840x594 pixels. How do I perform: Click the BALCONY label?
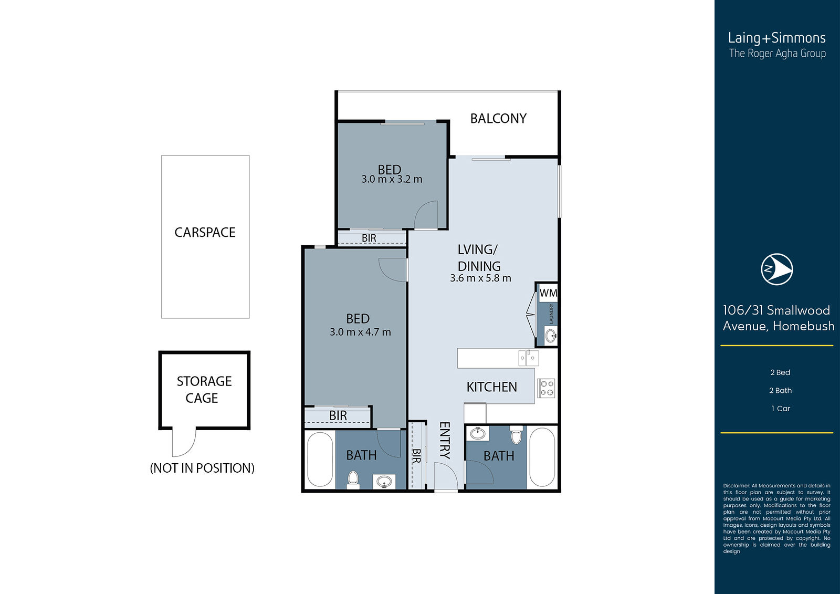498,119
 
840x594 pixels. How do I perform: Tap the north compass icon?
776,269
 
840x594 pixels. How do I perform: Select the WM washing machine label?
548,293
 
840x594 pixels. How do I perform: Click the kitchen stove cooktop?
546,388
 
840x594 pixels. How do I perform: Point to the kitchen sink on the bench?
529,358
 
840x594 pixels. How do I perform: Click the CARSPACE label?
205,232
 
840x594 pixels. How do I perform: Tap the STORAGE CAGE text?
204,390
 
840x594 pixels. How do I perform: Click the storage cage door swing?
184,442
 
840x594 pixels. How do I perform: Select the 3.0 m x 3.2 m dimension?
392,180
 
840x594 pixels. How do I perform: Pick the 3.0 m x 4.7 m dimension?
360,332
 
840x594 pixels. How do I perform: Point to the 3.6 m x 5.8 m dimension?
480,278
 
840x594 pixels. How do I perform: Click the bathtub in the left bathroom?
320,460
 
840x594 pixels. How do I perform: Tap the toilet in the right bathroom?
517,435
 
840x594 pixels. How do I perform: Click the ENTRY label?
445,440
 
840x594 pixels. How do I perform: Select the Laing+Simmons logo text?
776,38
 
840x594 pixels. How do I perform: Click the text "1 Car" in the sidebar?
780,409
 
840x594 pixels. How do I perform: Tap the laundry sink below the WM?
551,335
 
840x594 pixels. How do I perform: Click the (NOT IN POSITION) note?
202,468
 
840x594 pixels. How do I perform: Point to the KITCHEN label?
491,387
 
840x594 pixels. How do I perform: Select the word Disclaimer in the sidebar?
737,486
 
